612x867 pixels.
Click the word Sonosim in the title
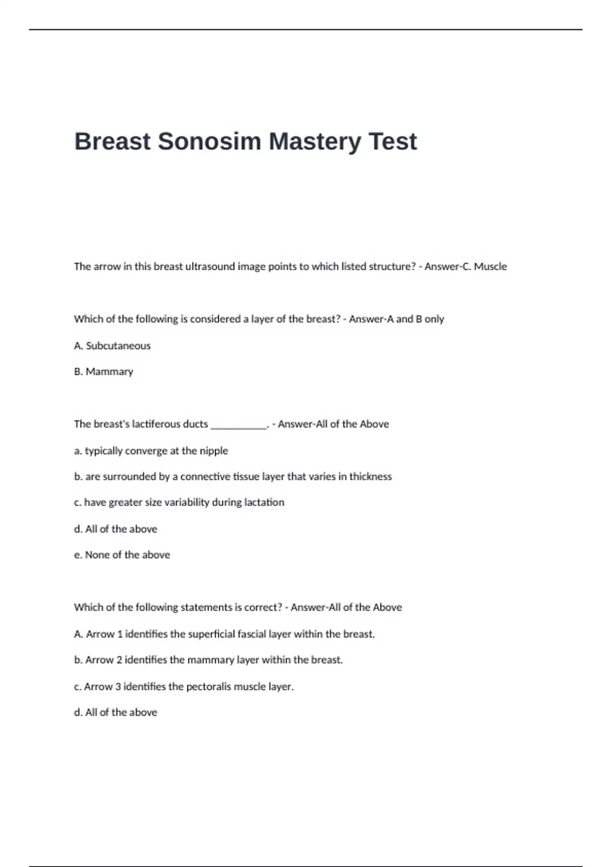(209, 141)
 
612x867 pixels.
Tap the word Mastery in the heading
(315, 141)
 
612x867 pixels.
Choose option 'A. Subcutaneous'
(112, 346)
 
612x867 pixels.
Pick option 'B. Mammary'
(104, 372)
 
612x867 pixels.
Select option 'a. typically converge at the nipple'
(151, 451)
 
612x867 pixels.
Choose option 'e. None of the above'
(122, 555)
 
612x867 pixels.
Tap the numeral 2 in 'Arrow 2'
(119, 660)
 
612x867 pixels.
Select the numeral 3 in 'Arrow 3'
(118, 686)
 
